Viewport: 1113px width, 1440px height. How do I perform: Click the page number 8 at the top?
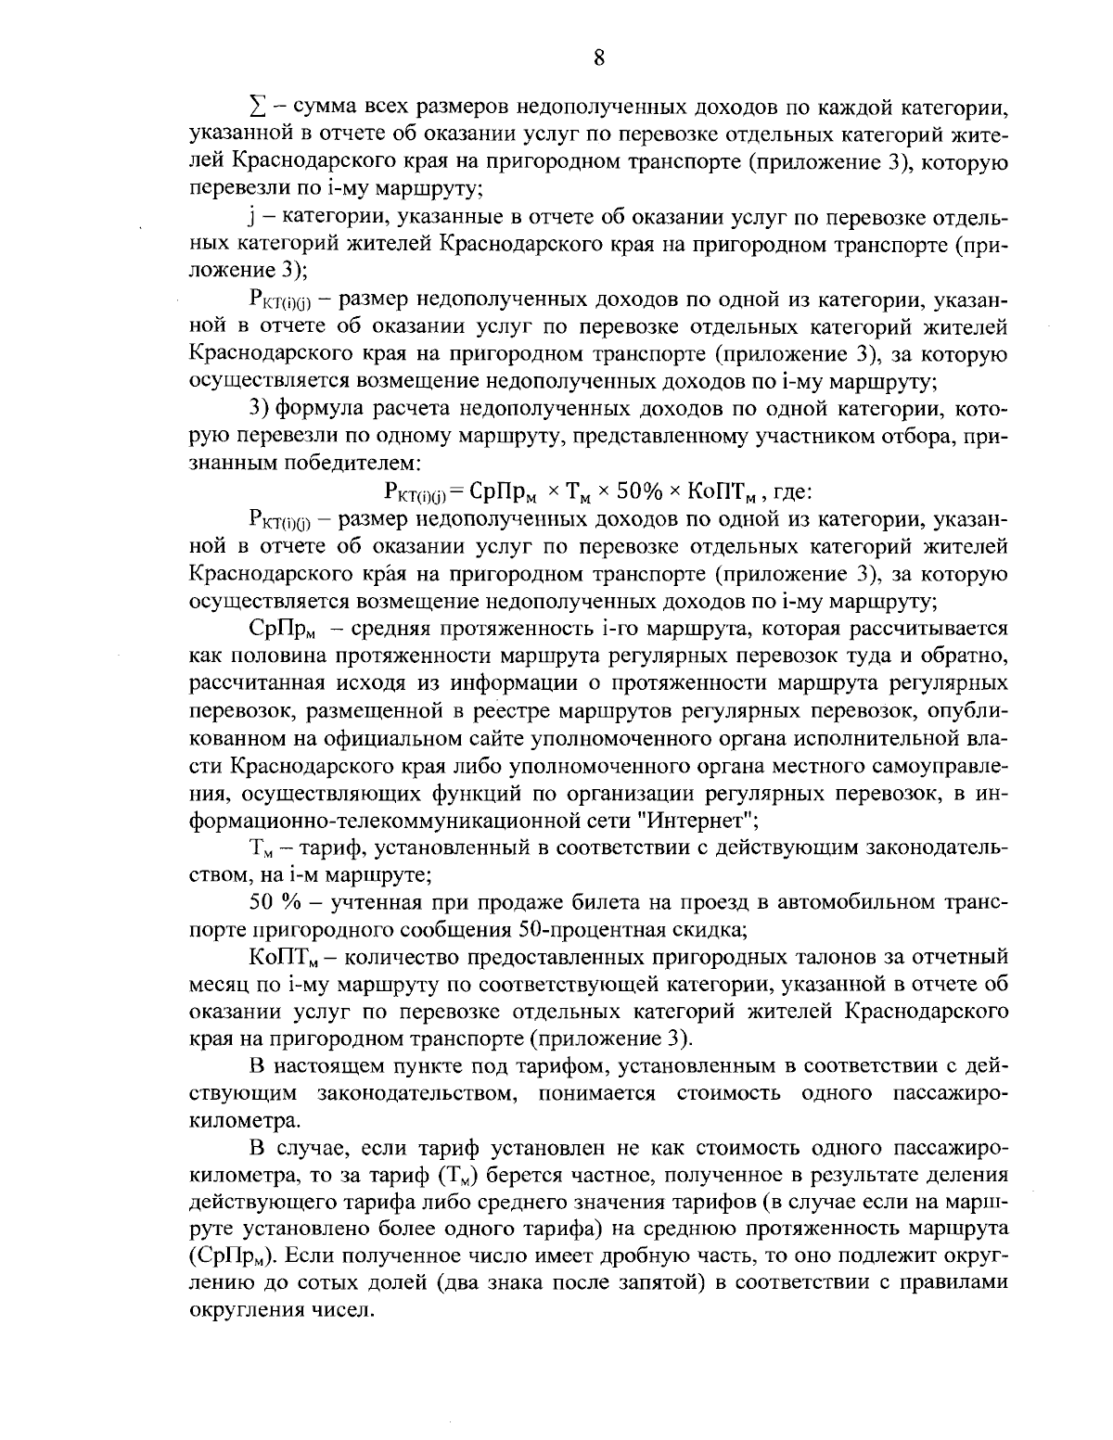point(598,58)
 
